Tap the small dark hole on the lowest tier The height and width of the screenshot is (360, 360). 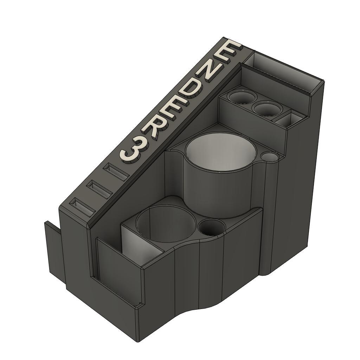pos(211,227)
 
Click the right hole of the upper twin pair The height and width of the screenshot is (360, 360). pos(267,109)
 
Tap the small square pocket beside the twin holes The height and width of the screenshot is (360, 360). pos(290,119)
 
